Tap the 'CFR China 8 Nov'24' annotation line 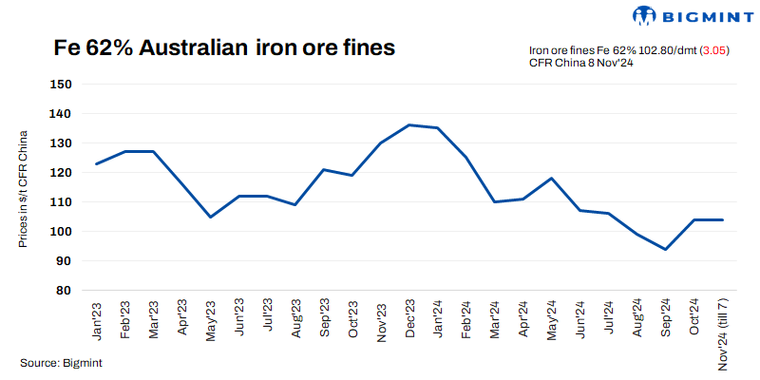(x=580, y=63)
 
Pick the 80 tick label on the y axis (x=64, y=291)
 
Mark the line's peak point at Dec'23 (x=408, y=124)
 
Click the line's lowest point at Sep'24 (x=665, y=250)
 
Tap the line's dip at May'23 (x=210, y=217)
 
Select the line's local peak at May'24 (x=551, y=178)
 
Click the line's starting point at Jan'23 (x=97, y=163)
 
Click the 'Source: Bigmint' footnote (x=61, y=363)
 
